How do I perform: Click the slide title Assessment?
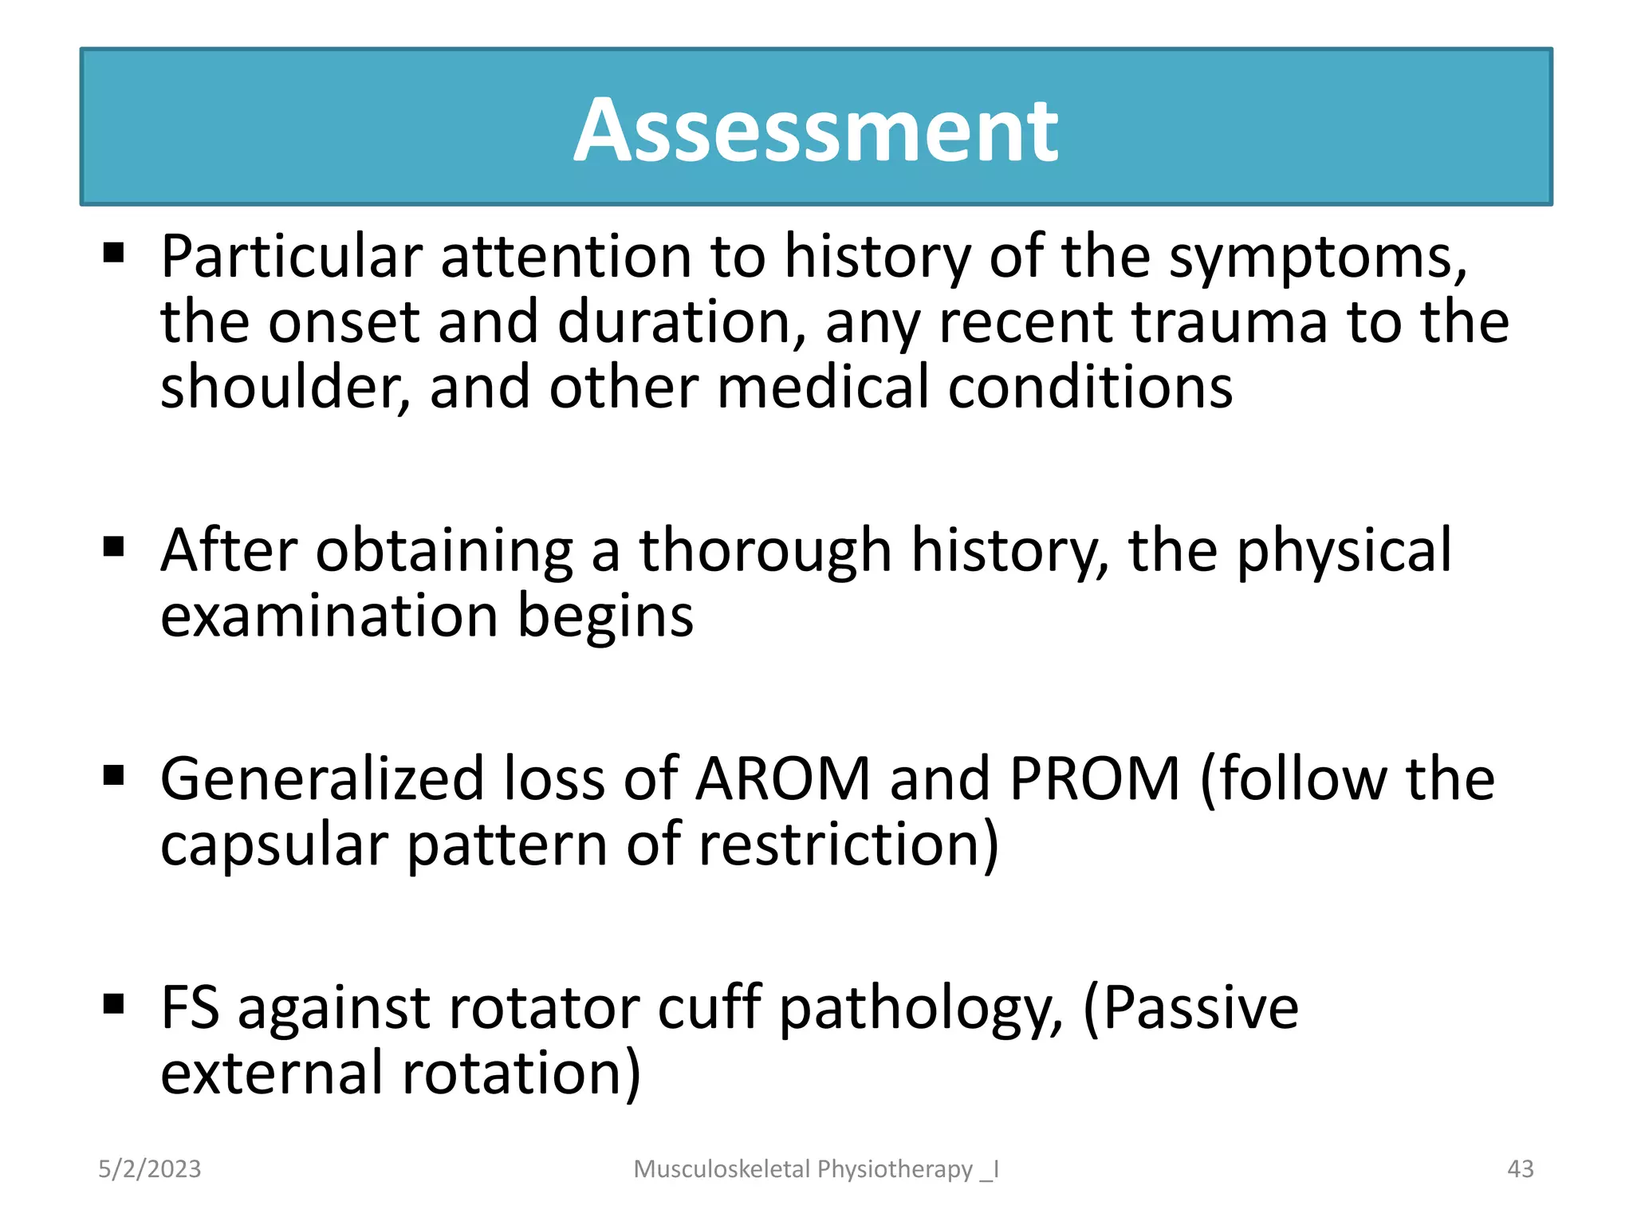(815, 130)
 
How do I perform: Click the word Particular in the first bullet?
(291, 257)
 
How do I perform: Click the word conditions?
(1090, 387)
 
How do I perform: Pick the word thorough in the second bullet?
(765, 551)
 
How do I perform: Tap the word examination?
(329, 616)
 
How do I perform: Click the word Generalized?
(322, 778)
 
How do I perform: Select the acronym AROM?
(782, 778)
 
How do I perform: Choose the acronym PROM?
(1095, 778)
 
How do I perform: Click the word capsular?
(273, 845)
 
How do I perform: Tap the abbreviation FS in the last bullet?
(190, 1008)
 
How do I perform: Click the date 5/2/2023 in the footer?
(150, 1169)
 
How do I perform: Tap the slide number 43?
(1520, 1169)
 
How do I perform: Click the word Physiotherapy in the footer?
(895, 1169)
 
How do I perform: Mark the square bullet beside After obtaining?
(114, 547)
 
